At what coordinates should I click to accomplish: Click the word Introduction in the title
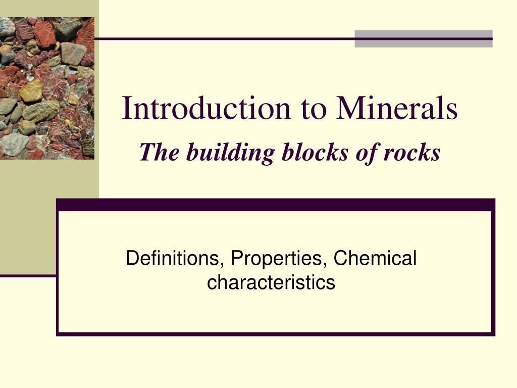point(206,109)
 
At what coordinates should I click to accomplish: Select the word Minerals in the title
point(397,109)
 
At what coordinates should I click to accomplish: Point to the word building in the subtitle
point(229,153)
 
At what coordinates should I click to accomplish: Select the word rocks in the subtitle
point(411,153)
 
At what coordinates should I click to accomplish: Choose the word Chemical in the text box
point(375,259)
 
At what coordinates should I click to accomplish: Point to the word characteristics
point(271,282)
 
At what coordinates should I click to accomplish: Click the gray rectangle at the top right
point(423,39)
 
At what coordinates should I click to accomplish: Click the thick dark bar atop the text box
point(275,205)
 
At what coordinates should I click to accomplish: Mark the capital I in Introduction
point(127,109)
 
